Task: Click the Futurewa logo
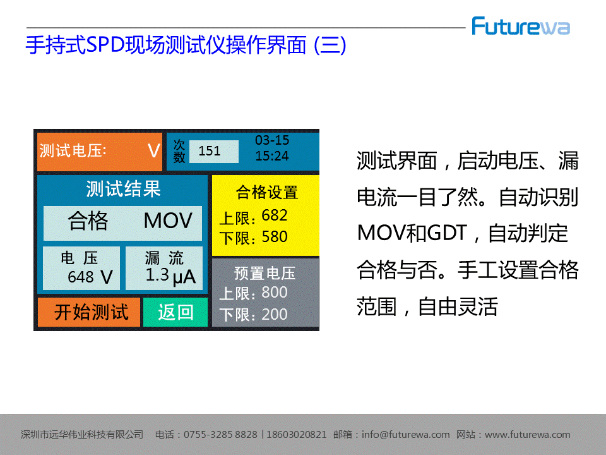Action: coord(521,27)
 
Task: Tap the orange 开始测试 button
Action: coord(89,312)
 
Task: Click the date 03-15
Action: coord(272,140)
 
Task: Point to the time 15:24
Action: coord(272,156)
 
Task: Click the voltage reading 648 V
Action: coord(90,277)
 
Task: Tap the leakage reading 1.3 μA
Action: coord(170,276)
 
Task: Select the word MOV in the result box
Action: coord(168,221)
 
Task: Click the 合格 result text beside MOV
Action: coord(88,221)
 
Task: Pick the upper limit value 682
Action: coord(275,215)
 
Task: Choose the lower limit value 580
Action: coord(275,237)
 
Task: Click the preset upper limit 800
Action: coord(275,293)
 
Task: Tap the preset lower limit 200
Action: coord(275,314)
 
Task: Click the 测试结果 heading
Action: coord(123,188)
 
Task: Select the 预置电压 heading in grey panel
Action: coord(264,273)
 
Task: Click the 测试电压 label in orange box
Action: coord(73,151)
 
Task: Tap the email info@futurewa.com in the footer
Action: coord(406,435)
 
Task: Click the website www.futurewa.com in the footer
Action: coord(528,435)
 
